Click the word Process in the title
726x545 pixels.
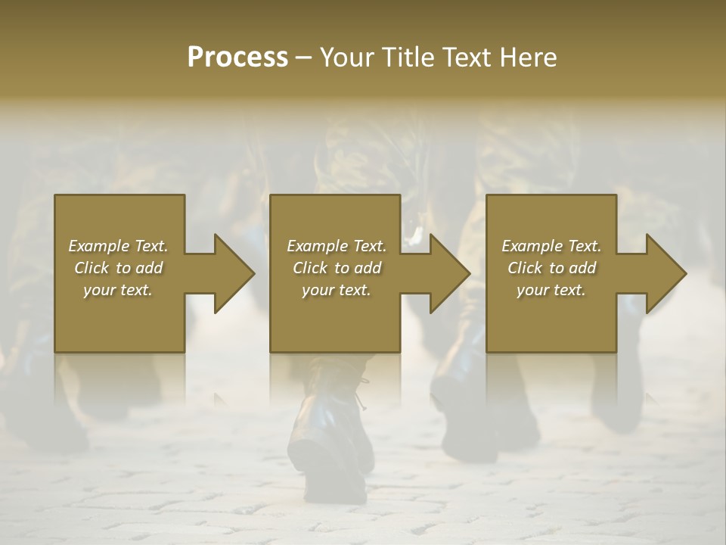[237, 57]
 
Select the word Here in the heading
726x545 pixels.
[529, 57]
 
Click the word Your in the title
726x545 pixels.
[347, 57]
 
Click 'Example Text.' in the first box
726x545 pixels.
[118, 246]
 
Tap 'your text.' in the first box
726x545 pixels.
[118, 290]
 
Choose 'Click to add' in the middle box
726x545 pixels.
[337, 268]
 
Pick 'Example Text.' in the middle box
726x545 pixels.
[337, 246]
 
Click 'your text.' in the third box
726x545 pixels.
[551, 290]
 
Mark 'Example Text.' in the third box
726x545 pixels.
[551, 246]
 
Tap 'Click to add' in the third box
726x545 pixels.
[551, 268]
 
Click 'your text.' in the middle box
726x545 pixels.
[337, 290]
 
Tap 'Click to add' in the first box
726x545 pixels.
[118, 268]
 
